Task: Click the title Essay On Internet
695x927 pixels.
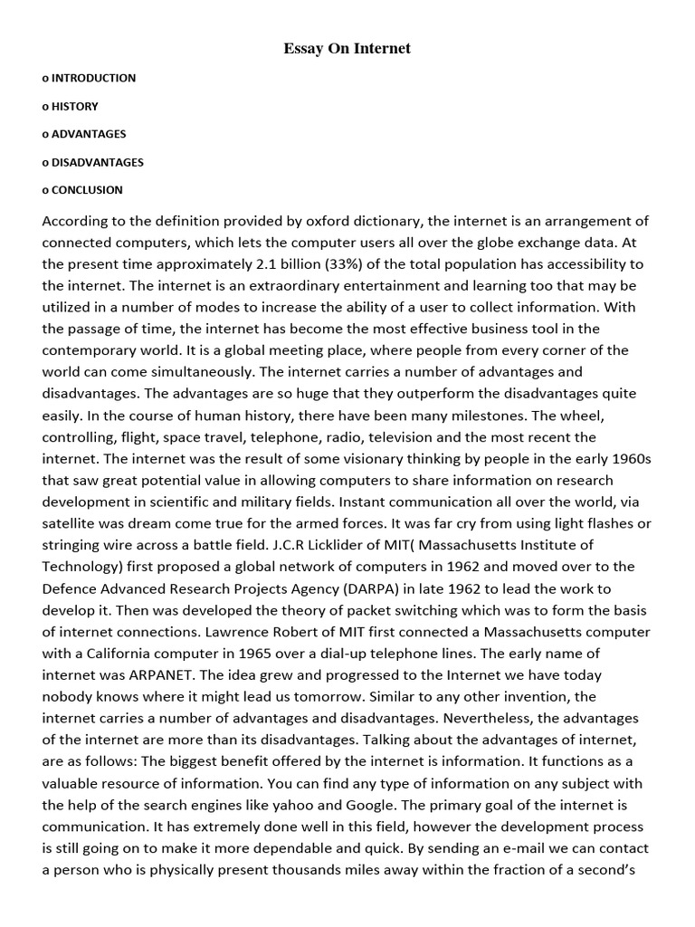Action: (347, 49)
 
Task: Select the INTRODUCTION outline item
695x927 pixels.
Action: (93, 78)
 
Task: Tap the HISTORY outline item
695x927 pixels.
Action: (75, 106)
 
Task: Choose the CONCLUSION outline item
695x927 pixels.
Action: (87, 190)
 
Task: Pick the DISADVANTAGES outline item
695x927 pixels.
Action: (98, 162)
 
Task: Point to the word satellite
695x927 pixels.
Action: (72, 523)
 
